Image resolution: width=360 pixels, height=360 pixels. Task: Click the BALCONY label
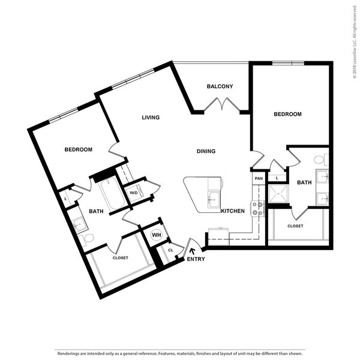[x=220, y=86]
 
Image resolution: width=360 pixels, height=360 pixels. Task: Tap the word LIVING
[x=151, y=118]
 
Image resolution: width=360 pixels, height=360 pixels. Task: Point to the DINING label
[x=206, y=151]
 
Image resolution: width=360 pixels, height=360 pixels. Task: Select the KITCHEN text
[x=233, y=211]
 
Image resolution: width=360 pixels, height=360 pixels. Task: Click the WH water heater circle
[x=157, y=235]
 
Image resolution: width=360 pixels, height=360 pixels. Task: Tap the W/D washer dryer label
[x=134, y=193]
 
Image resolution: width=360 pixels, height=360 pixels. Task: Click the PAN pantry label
[x=259, y=178]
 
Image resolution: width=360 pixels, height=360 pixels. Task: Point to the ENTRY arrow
[x=193, y=251]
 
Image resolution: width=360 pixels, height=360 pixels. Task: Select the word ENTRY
[x=196, y=259]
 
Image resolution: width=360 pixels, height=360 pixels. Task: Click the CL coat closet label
[x=170, y=250]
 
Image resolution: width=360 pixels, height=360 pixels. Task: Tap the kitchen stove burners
[x=257, y=209]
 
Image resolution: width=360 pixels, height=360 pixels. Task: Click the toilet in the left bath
[x=87, y=239]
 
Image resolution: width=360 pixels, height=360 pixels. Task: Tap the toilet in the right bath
[x=321, y=160]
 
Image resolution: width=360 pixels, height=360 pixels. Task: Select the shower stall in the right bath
[x=278, y=194]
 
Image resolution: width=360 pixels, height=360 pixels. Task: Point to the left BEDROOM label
[x=78, y=149]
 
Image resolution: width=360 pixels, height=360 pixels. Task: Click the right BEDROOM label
[x=287, y=114]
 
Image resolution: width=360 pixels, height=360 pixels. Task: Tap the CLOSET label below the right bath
[x=295, y=226]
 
